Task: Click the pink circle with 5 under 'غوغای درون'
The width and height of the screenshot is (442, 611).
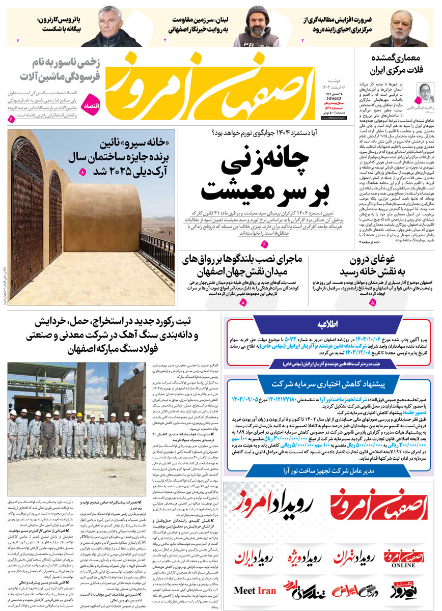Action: point(372,302)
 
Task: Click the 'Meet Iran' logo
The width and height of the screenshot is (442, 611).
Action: point(255,590)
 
